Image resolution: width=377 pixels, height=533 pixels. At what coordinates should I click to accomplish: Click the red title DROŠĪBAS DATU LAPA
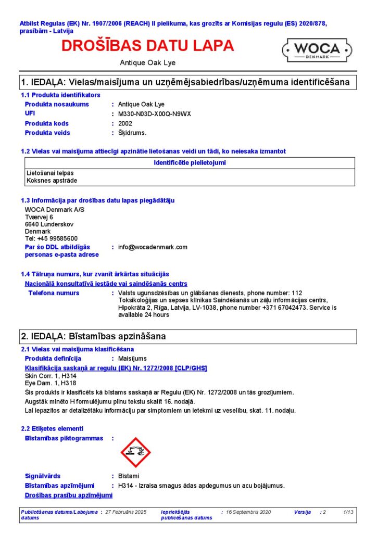pos(148,46)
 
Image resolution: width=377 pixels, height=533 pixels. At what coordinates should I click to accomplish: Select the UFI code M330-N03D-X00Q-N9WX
pos(155,114)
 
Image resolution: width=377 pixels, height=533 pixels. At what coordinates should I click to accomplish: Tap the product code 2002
pos(125,123)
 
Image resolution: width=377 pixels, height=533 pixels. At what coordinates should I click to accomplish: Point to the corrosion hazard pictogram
pos(135,452)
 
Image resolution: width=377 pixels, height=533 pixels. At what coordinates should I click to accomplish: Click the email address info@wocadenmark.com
pos(153,247)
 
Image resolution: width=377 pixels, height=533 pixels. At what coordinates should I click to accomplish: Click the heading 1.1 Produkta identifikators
pos(60,95)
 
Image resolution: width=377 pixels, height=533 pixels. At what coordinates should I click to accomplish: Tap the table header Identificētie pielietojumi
pos(190,163)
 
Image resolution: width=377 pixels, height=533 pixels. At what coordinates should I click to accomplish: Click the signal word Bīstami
pos(129,476)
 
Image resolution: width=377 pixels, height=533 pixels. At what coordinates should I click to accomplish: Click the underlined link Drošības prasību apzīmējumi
pos(69,495)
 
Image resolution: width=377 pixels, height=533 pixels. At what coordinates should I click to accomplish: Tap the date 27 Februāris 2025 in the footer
pos(126,512)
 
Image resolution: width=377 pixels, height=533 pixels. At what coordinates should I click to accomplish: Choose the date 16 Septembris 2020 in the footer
pos(249,512)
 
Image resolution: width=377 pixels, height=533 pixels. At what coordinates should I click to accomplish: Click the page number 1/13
pos(348,512)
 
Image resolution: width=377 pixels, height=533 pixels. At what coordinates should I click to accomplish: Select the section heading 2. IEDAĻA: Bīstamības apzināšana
pos(93,336)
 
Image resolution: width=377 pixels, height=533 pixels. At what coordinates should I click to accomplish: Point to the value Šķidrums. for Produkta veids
pos(132,133)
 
